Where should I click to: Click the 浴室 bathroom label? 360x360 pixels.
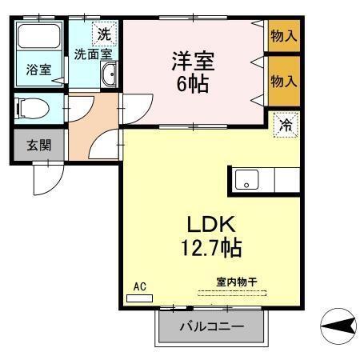pyautogui.click(x=39, y=70)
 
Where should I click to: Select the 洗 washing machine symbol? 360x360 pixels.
pyautogui.click(x=104, y=34)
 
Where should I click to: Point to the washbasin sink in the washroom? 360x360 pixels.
pyautogui.click(x=110, y=76)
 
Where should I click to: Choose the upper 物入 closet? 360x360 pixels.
pyautogui.click(x=283, y=36)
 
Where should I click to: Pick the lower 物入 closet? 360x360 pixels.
pyautogui.click(x=283, y=80)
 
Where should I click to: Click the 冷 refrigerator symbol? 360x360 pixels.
pyautogui.click(x=286, y=125)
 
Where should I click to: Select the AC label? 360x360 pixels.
pyautogui.click(x=139, y=286)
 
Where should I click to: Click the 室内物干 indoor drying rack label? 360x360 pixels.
pyautogui.click(x=236, y=282)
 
